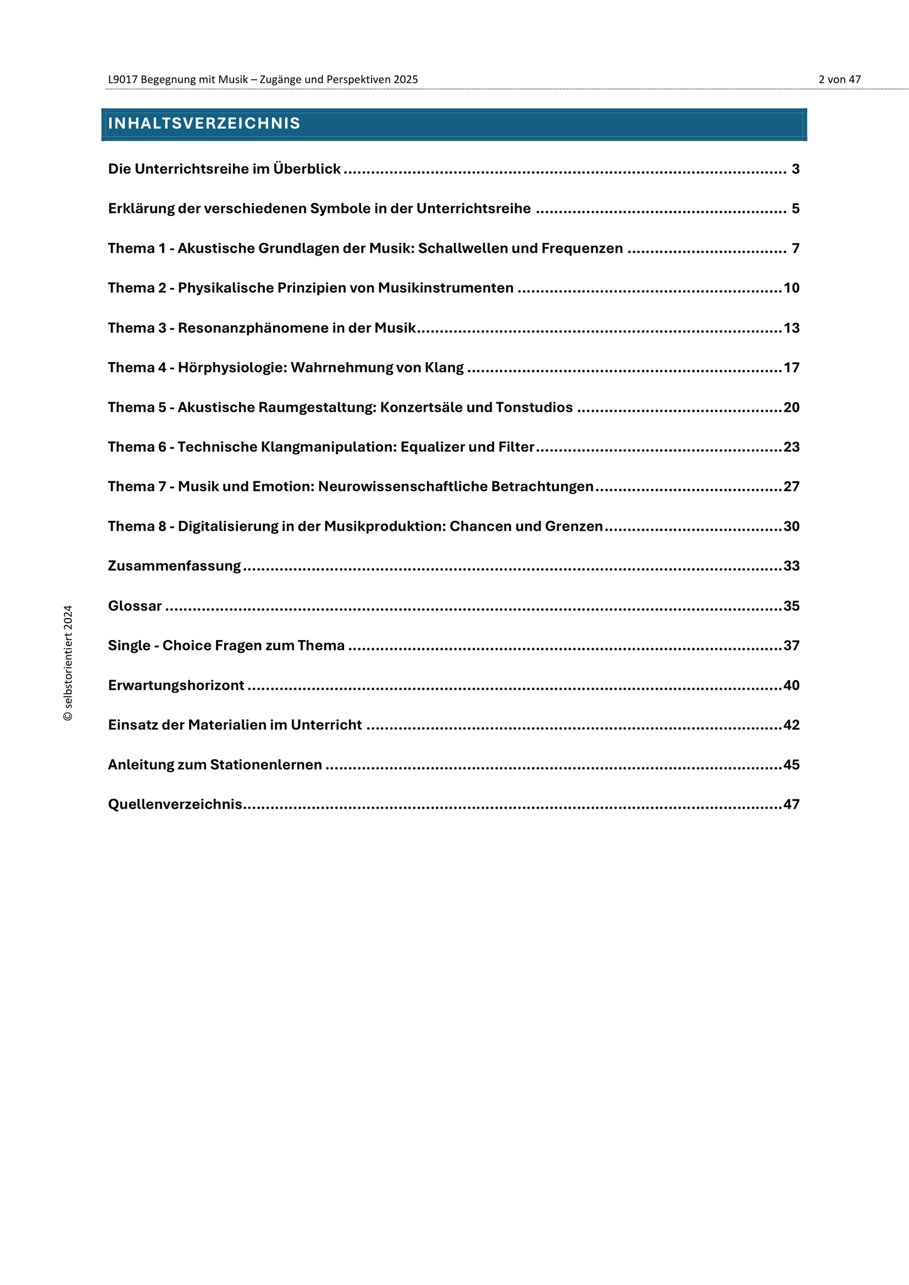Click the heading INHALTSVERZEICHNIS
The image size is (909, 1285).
[204, 124]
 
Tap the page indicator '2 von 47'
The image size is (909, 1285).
[839, 80]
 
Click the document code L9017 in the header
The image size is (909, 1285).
[123, 80]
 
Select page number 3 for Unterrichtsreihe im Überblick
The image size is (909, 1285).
[795, 169]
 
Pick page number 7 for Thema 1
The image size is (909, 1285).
[795, 248]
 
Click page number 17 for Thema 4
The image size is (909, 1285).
[792, 368]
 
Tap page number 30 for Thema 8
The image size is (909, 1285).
[792, 526]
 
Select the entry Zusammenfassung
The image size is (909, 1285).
[175, 567]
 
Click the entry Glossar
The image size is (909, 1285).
[135, 606]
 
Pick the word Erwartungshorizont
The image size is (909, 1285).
[176, 686]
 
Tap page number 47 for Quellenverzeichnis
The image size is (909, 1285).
[792, 804]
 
